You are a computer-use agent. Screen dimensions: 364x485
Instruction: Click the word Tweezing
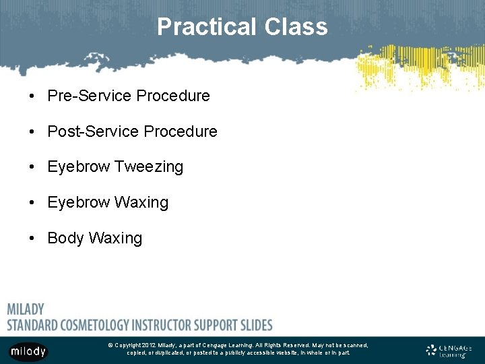pyautogui.click(x=149, y=167)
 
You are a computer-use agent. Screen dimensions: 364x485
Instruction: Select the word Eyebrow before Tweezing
pyautogui.click(x=78, y=166)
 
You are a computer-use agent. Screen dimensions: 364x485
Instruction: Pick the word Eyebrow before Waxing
pyautogui.click(x=78, y=202)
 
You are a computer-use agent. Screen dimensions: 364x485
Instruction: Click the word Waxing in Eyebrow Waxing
pyautogui.click(x=141, y=203)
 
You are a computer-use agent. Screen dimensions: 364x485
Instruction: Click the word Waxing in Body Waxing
pyautogui.click(x=115, y=239)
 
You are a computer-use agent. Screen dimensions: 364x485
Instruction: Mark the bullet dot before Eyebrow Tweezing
pyautogui.click(x=32, y=166)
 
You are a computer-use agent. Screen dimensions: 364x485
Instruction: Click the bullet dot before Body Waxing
pyautogui.click(x=32, y=238)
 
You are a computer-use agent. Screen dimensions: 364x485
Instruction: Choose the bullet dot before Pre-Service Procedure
pyautogui.click(x=32, y=96)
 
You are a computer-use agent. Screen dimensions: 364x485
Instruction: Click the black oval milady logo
pyautogui.click(x=28, y=351)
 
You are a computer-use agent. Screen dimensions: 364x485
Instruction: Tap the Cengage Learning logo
pyautogui.click(x=449, y=351)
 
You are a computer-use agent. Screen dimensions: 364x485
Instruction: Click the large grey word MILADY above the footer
pyautogui.click(x=26, y=309)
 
